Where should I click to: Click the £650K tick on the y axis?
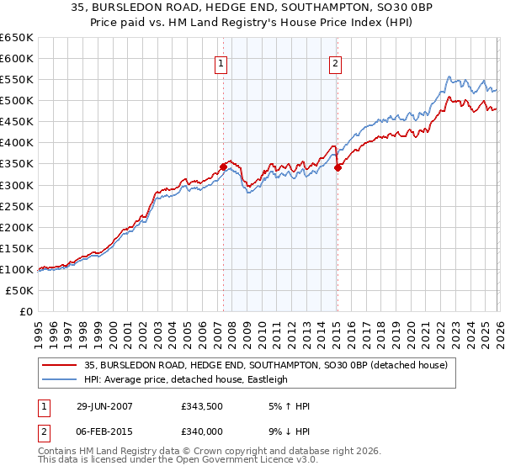[17, 38]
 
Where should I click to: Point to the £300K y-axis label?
[17, 185]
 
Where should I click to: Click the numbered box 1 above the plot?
[221, 62]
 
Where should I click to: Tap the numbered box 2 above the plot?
[336, 62]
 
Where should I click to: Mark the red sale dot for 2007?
[224, 167]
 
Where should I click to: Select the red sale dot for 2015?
[338, 168]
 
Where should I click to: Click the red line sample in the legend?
[60, 365]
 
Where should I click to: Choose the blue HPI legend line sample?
[60, 379]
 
